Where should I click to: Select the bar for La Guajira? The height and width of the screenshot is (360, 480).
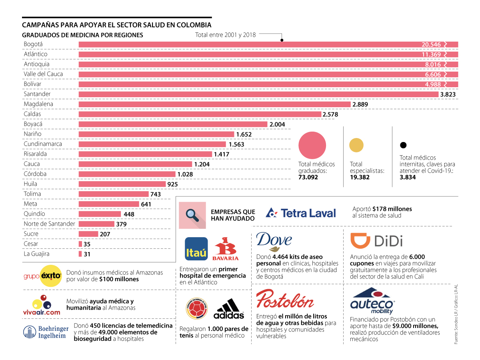click(x=80, y=254)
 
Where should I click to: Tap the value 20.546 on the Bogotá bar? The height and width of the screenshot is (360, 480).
click(x=431, y=44)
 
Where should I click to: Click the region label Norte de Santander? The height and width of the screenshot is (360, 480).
click(x=49, y=224)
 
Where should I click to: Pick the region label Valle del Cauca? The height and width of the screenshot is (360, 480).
click(x=43, y=74)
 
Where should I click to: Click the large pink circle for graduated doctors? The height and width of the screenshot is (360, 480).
click(x=312, y=145)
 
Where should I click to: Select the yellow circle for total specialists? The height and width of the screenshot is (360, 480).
click(x=356, y=146)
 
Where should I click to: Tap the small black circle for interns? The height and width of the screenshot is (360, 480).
click(x=403, y=145)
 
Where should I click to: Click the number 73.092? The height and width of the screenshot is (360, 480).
click(x=308, y=177)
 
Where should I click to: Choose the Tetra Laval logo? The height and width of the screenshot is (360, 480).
click(x=301, y=213)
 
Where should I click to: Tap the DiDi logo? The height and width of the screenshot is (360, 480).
click(x=376, y=241)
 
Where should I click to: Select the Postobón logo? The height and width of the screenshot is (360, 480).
click(x=285, y=299)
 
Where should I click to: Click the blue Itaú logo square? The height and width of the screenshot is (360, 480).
click(x=196, y=249)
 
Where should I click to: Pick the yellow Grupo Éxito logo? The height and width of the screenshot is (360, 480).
click(x=42, y=276)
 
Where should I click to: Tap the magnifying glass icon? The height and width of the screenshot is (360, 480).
click(x=192, y=215)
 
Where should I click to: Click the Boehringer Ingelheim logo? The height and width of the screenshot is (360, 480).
click(x=44, y=332)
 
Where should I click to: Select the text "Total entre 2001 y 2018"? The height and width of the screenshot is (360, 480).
click(x=225, y=35)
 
